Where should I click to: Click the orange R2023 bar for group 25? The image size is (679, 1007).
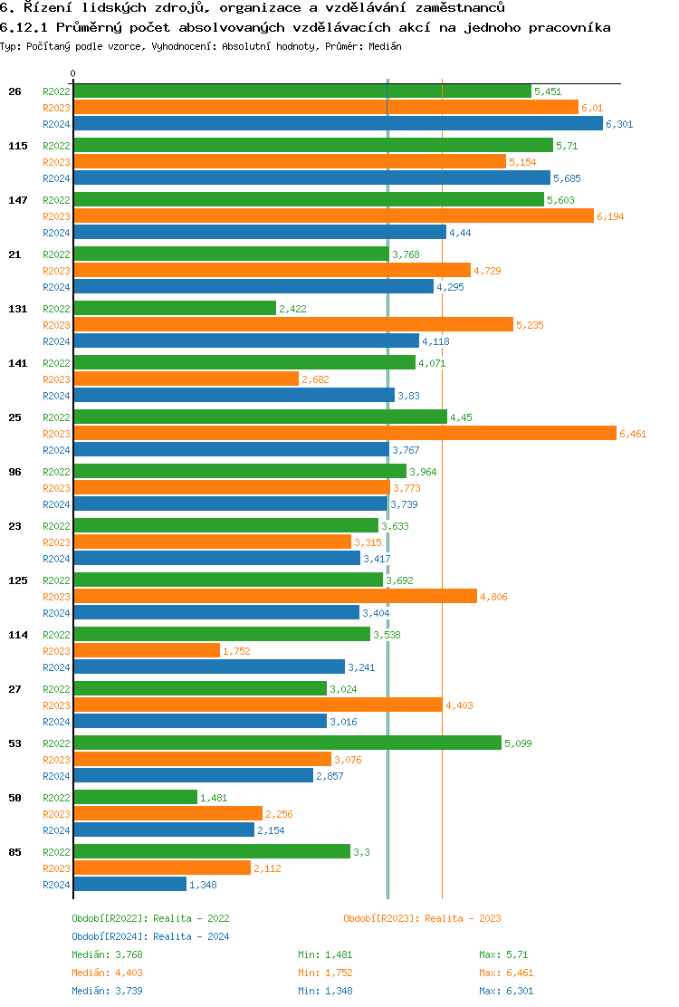click(344, 434)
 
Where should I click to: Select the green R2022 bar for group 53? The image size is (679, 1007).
click(287, 743)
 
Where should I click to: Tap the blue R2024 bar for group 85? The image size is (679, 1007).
click(129, 884)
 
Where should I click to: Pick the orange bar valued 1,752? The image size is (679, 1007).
click(147, 650)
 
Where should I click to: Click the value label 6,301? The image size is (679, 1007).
click(619, 124)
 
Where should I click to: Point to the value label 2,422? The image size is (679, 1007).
click(293, 309)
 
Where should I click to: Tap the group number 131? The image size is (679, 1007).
click(17, 309)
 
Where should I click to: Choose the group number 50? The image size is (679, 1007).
click(14, 798)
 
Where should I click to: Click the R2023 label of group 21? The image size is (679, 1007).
click(56, 271)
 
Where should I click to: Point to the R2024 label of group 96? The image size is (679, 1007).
click(56, 504)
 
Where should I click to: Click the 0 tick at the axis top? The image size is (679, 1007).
click(73, 73)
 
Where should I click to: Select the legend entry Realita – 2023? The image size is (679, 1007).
click(422, 918)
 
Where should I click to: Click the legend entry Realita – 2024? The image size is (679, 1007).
click(150, 936)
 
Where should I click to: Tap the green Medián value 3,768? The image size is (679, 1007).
click(129, 954)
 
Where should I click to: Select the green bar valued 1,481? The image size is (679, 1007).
click(135, 797)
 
